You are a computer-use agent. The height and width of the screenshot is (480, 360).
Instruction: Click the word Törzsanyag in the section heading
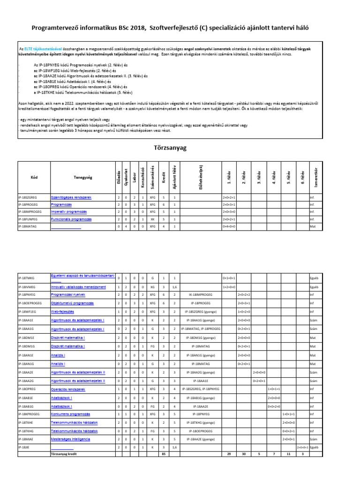170,148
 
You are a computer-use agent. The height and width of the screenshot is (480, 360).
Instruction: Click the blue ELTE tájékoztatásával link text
37,49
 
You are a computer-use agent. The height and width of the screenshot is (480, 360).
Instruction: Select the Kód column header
34,178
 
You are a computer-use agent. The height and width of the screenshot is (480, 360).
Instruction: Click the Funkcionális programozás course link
71,219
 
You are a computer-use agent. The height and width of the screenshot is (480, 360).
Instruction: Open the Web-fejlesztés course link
63,311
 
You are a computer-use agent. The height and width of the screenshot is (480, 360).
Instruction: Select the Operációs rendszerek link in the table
68,389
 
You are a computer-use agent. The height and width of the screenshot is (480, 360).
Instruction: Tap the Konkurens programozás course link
71,414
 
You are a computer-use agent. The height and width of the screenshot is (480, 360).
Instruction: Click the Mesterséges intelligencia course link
71,439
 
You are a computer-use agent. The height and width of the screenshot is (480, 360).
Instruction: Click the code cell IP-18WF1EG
27,311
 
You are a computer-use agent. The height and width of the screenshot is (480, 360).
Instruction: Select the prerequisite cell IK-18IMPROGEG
201,295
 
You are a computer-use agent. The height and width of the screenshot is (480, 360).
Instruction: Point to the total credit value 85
163,454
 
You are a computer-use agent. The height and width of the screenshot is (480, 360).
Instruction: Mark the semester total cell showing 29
228,454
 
